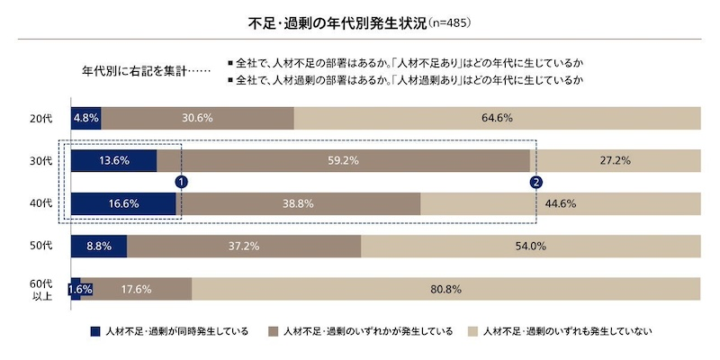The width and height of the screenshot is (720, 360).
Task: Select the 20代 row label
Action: (41, 118)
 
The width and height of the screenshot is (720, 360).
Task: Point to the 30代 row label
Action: (41, 160)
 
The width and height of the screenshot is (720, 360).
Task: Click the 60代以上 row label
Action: (41, 289)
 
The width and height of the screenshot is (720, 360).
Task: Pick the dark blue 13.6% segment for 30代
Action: (113, 160)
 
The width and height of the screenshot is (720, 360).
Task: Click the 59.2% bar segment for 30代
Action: (343, 160)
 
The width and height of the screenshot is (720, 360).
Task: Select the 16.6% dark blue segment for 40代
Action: (122, 203)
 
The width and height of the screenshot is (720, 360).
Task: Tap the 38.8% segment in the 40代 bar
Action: (298, 203)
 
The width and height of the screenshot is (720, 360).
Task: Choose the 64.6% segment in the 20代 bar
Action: (497, 118)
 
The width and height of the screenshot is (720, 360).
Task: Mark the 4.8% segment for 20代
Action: (85, 118)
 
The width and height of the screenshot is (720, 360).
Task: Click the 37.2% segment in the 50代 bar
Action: (244, 246)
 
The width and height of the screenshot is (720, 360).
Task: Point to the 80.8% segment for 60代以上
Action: (445, 289)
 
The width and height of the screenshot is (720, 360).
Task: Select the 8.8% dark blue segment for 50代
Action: (98, 246)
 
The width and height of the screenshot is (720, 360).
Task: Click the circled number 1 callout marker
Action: (181, 182)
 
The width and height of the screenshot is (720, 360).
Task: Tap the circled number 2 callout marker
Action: (536, 182)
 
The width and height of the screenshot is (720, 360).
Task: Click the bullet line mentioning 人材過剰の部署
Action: (405, 80)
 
